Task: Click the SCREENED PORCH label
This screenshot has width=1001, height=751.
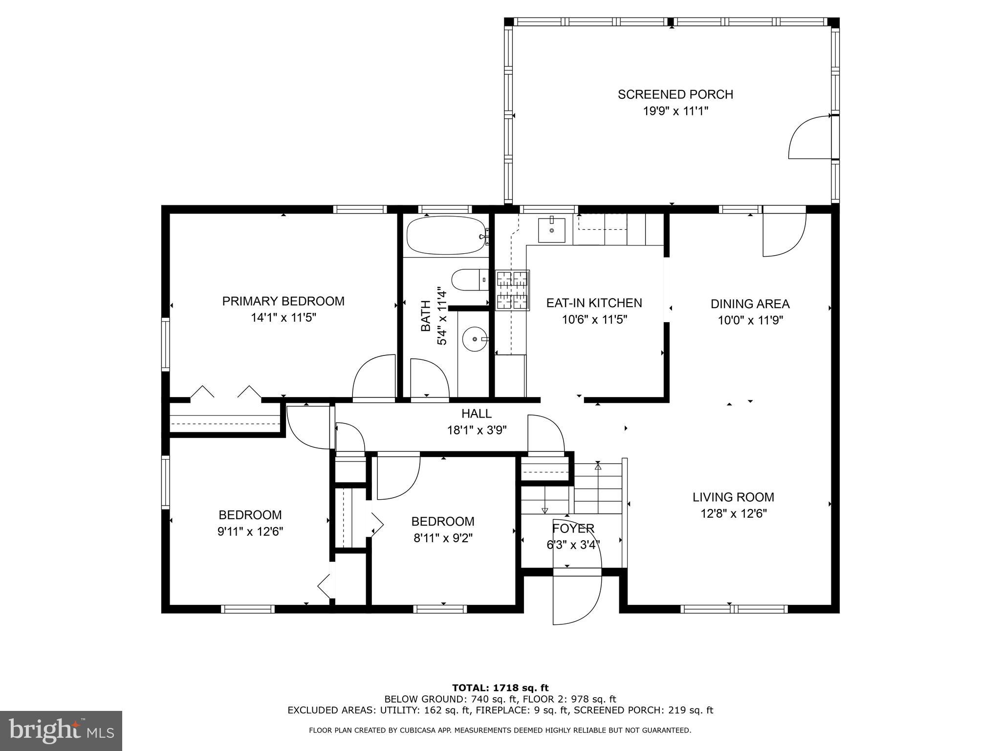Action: coord(675,94)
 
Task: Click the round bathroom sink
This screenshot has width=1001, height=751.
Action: coord(474,338)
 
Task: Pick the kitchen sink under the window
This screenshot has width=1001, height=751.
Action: coord(551,230)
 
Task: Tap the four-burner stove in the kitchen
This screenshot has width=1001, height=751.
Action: coord(512,290)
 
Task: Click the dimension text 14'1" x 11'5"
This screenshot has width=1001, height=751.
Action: coord(283,318)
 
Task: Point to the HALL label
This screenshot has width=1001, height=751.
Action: coord(476,414)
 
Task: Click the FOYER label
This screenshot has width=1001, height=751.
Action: coord(573,529)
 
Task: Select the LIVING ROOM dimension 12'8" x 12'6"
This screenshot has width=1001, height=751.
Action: coord(733,514)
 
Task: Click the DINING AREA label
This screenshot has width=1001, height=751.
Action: coord(750,304)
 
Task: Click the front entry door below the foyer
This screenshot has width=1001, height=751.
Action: coord(577,599)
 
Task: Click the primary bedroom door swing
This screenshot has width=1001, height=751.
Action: coord(373,376)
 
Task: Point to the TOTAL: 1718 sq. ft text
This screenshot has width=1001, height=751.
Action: coord(500,688)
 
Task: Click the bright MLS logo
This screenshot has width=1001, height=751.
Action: coord(61,730)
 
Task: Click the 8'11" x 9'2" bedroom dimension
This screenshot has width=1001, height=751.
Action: coord(443,538)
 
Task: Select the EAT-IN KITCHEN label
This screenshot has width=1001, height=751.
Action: coord(594,303)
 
